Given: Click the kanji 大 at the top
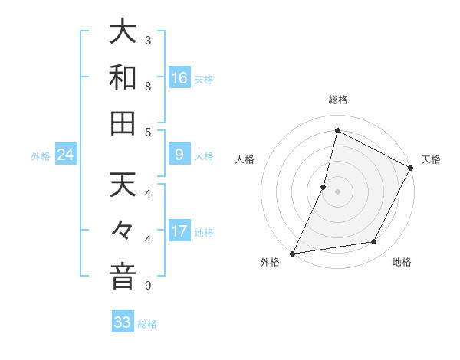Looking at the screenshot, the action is pos(123,34).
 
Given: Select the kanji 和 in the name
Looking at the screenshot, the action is pos(123,78).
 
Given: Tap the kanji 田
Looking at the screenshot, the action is pos(123,123).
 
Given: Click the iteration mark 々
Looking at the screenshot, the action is pos(123,231).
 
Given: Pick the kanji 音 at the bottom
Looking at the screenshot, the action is pos(123,275).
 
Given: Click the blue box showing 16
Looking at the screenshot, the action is pos(179,78).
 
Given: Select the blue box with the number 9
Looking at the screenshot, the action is pos(179,155).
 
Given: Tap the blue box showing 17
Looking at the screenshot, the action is pos(179,231).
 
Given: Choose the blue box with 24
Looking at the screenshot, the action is pos(66,155).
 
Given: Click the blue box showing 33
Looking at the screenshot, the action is pos(123,322).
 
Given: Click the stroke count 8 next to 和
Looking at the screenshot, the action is pos(148,87).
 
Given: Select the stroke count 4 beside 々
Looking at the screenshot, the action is pos(148,240).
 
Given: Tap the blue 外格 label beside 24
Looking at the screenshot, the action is pos(41,156).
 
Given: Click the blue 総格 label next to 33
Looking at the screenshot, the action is pos(147,323).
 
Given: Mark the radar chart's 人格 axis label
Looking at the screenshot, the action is pos(245,159).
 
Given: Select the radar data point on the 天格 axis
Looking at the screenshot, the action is pos(411,168).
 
